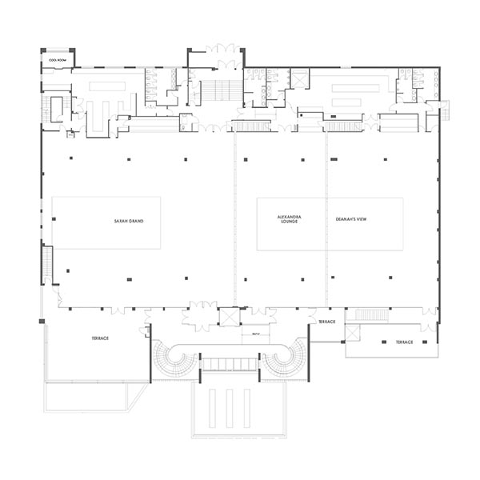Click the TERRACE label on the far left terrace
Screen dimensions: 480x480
click(100, 339)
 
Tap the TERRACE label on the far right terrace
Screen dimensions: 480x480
click(402, 342)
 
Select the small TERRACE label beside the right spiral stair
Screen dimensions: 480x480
click(326, 322)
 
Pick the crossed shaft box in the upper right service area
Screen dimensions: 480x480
click(300, 78)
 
